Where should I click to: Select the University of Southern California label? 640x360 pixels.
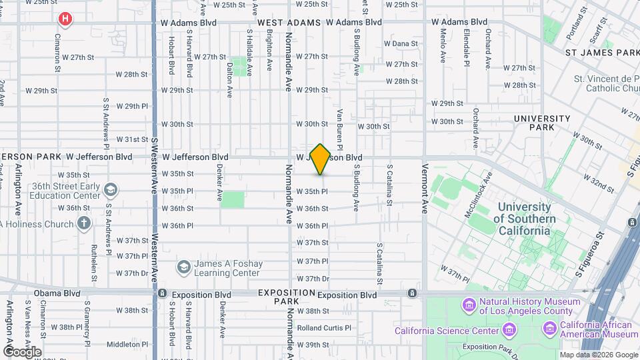point(525,219)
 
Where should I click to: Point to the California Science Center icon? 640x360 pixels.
point(509,330)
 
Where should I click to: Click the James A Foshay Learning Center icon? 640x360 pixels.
point(183,268)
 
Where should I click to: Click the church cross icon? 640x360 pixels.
point(83,223)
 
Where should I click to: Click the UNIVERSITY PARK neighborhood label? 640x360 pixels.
point(542,123)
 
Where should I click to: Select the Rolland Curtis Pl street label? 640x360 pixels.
point(324,328)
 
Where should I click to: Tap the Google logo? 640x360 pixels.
point(21,351)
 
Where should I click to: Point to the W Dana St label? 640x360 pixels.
point(401,43)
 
